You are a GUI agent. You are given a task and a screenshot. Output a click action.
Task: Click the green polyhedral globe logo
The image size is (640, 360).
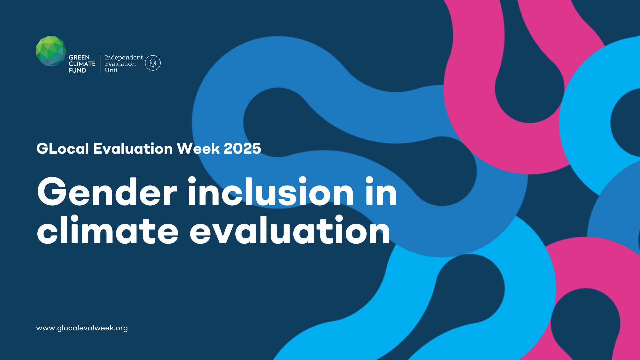click(51, 51)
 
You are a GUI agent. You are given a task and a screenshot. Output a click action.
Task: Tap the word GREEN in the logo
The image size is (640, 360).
click(79, 57)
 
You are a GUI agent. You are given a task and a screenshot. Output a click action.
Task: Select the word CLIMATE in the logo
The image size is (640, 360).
click(82, 64)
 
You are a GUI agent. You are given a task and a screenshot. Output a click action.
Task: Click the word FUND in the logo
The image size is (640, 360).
click(77, 70)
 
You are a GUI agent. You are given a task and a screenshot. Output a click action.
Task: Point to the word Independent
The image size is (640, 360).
click(124, 57)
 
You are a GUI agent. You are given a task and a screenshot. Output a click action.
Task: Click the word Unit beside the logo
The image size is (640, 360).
click(111, 70)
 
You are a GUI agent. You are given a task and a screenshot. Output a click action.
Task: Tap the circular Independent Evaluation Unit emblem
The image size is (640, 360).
click(153, 63)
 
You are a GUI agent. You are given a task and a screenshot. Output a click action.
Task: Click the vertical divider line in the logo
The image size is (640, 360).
click(100, 64)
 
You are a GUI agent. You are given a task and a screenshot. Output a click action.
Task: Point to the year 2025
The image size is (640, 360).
click(242, 148)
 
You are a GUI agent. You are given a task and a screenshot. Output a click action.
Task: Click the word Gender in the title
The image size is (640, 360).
click(107, 192)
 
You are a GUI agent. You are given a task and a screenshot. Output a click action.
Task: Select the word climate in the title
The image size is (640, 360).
click(108, 230)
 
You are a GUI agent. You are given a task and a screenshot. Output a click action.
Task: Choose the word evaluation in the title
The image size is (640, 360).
click(290, 230)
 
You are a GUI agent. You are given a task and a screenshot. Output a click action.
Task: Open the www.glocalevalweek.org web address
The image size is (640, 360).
click(82, 328)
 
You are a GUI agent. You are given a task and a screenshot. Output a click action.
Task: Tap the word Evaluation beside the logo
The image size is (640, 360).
click(120, 64)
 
